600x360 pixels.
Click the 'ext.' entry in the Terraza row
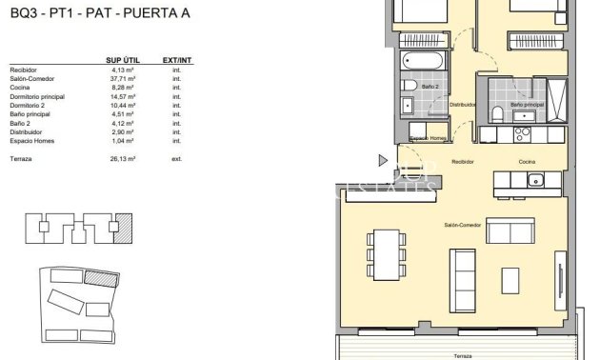click(x=176, y=159)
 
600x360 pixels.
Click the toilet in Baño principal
click(x=498, y=114)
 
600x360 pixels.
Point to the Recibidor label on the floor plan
click(x=463, y=161)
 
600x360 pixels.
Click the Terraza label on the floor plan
click(x=463, y=355)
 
